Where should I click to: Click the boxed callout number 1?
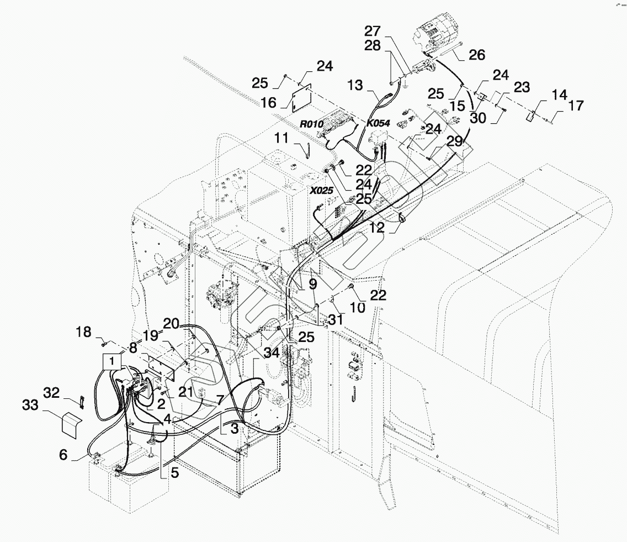112,360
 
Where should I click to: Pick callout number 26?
477,55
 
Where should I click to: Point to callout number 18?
84,332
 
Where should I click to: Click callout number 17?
576,105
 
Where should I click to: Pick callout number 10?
358,307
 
